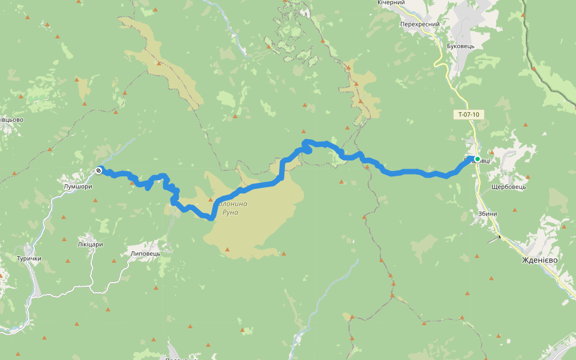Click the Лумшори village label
[x=77, y=187]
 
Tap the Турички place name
[x=29, y=259]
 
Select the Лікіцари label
[x=90, y=244]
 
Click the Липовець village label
[x=145, y=254]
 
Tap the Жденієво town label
[x=539, y=260]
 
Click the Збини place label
[x=488, y=214]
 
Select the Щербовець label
[x=508, y=187]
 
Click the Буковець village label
[x=461, y=46]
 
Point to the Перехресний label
[x=420, y=25]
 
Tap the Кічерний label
[x=391, y=3]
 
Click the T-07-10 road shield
[x=468, y=114]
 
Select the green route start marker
[x=478, y=159]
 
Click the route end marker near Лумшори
[x=98, y=170]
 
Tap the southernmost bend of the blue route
[x=211, y=218]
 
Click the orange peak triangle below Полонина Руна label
[x=227, y=249]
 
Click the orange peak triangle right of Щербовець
[x=529, y=177]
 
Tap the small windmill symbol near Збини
[x=498, y=238]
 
